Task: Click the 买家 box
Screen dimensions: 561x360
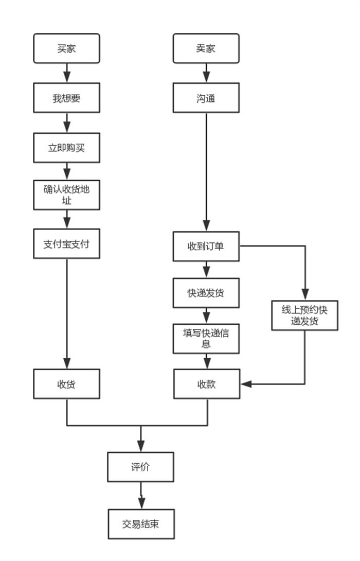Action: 67,49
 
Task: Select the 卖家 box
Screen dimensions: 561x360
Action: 206,49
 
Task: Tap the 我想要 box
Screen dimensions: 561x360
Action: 67,98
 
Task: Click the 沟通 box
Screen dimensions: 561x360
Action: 206,98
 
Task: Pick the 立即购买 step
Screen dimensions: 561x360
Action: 67,147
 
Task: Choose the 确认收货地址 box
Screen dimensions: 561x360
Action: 67,195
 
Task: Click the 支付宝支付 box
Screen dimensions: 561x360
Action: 67,243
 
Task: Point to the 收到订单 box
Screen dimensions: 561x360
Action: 206,246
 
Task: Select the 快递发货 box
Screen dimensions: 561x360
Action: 206,293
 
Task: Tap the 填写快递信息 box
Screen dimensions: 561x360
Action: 206,339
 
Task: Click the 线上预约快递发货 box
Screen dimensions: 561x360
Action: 304,315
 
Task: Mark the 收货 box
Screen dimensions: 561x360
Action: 67,383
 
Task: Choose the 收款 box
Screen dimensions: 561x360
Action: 207,383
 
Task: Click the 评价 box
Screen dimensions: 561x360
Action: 141,467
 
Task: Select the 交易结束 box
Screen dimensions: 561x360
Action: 141,524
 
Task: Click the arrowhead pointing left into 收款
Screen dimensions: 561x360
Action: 246,384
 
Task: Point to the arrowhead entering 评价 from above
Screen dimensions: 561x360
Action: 141,446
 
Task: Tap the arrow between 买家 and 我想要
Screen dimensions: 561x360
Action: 67,73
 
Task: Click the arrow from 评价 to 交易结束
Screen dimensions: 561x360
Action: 141,496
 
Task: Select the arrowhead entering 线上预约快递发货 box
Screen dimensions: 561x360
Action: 304,295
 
